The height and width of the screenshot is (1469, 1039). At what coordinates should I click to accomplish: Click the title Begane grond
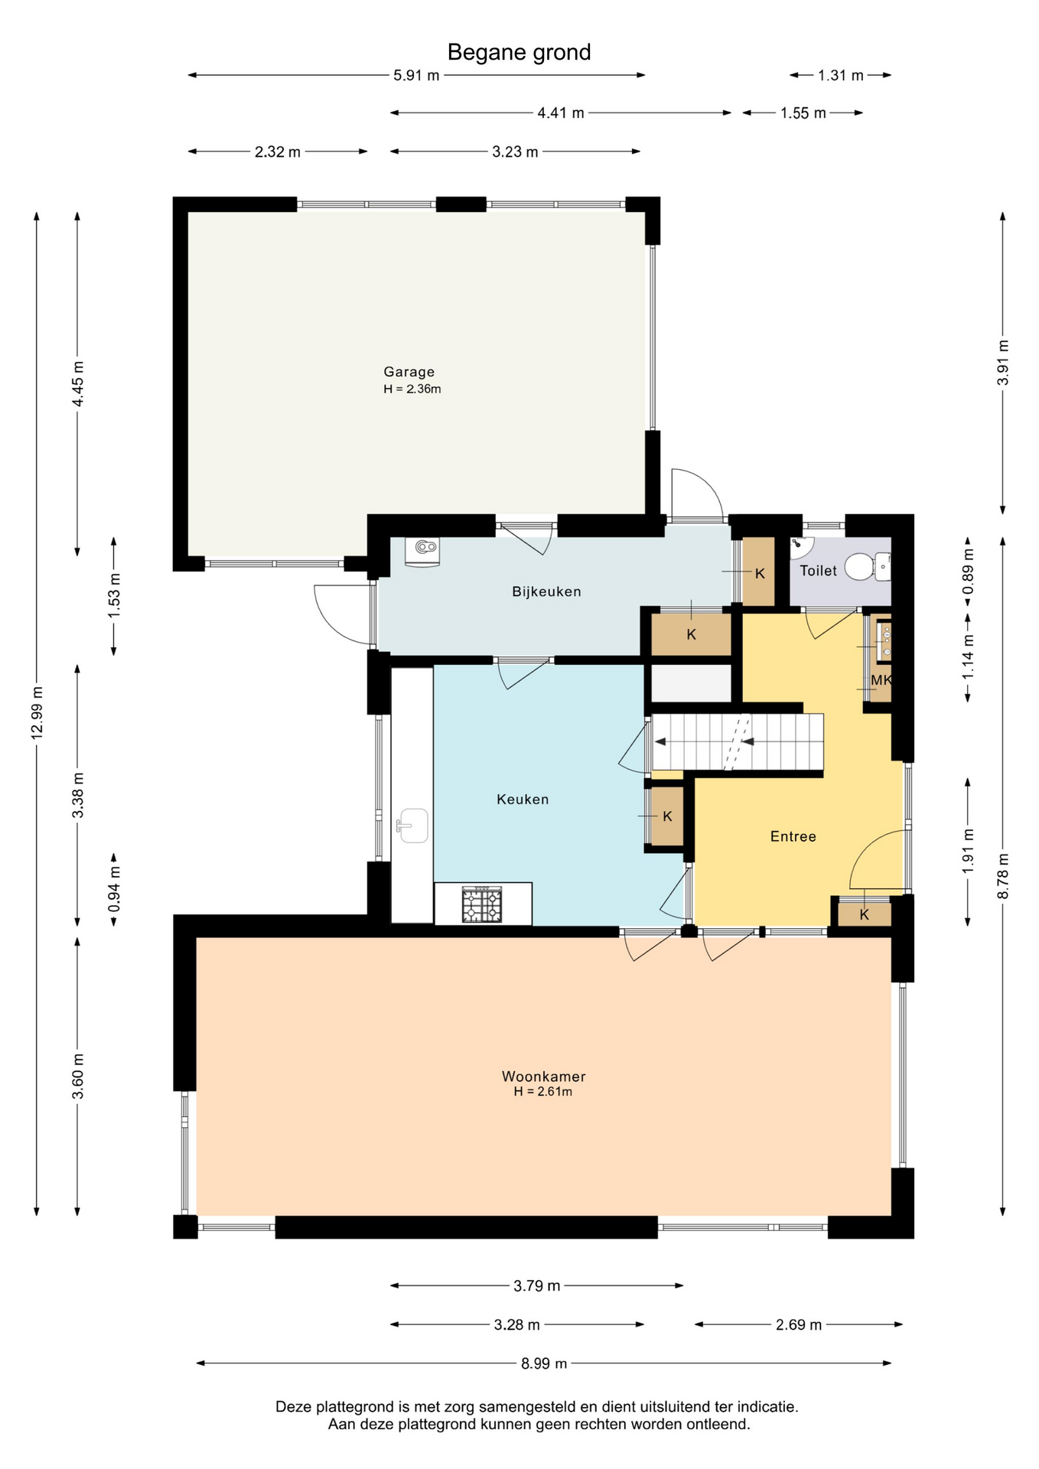pyautogui.click(x=519, y=52)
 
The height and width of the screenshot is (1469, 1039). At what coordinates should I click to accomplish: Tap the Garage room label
pyautogui.click(x=409, y=372)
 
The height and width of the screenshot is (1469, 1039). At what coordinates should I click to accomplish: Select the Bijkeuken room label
pyautogui.click(x=546, y=591)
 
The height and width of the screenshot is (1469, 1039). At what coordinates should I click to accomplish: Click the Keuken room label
pyautogui.click(x=523, y=800)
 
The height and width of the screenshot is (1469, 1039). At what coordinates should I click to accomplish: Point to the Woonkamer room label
pyautogui.click(x=543, y=1076)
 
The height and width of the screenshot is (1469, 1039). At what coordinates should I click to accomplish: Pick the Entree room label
pyautogui.click(x=793, y=836)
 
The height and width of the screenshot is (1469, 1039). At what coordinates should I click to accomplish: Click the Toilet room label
pyautogui.click(x=818, y=570)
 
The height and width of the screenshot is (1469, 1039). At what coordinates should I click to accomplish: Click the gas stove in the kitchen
pyautogui.click(x=482, y=904)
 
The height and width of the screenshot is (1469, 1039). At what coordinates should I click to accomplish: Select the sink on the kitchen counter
pyautogui.click(x=412, y=826)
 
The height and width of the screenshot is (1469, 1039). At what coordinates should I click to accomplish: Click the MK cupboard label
pyautogui.click(x=881, y=679)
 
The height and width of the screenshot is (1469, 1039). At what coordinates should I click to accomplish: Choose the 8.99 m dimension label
pyautogui.click(x=544, y=1363)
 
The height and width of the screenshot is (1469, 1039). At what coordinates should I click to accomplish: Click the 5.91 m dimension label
pyautogui.click(x=416, y=75)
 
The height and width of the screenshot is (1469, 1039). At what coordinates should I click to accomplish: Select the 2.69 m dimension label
pyautogui.click(x=799, y=1324)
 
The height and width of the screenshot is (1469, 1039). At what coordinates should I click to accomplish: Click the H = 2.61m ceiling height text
pyautogui.click(x=543, y=1092)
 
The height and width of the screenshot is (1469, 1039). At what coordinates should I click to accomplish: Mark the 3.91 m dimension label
pyautogui.click(x=1004, y=363)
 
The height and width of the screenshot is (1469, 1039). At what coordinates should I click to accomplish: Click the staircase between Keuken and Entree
pyautogui.click(x=737, y=742)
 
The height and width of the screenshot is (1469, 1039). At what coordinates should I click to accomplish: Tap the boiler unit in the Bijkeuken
pyautogui.click(x=423, y=551)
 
